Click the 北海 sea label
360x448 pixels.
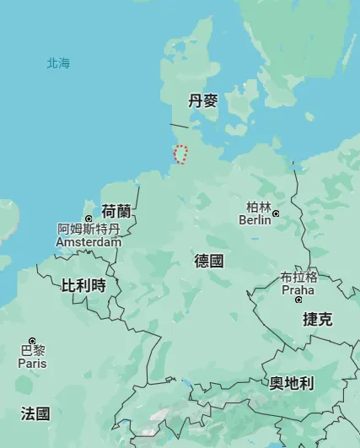tap(58, 63)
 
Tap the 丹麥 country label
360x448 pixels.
tap(202, 101)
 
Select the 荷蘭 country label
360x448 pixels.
tap(116, 211)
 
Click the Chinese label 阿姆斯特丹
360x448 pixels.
tap(89, 229)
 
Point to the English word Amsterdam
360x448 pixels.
tap(89, 242)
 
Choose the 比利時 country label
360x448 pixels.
tap(83, 285)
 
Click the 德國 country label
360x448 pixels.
tap(209, 261)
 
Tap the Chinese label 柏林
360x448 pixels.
tap(259, 207)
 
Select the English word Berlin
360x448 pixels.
tap(255, 220)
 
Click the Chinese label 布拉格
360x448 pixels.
tap(299, 277)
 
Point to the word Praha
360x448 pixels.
tap(298, 290)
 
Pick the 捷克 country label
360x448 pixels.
tap(318, 319)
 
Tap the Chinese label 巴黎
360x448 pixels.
tap(33, 350)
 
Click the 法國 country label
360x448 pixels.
tap(35, 413)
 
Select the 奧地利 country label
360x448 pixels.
tap(292, 383)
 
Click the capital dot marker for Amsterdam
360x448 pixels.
tap(89, 219)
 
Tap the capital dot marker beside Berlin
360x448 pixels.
tap(275, 213)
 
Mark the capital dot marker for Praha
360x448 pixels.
tap(311, 289)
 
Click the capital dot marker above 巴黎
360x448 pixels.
tap(33, 340)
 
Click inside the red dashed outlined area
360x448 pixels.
tap(180, 154)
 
